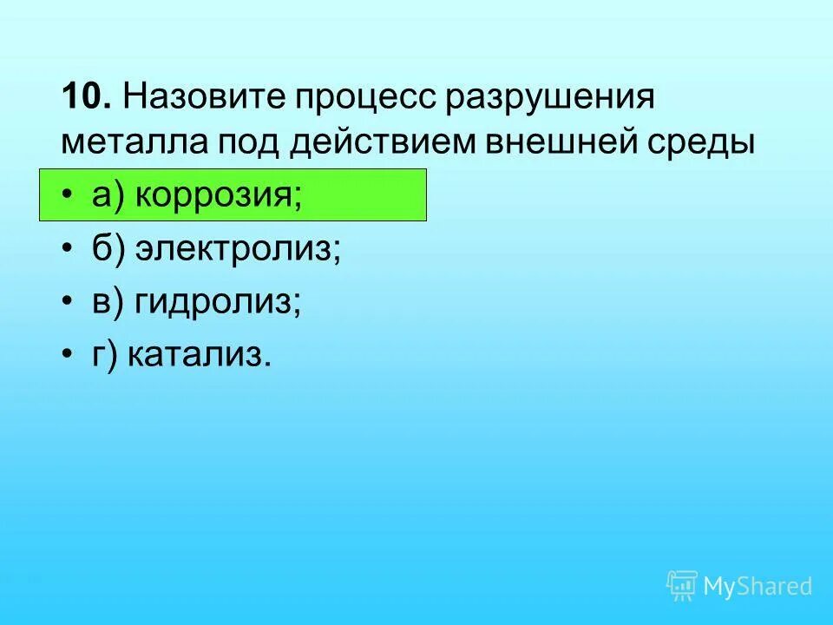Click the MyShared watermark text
point(758,586)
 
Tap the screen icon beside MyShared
point(681,585)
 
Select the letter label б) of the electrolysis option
point(108,250)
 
